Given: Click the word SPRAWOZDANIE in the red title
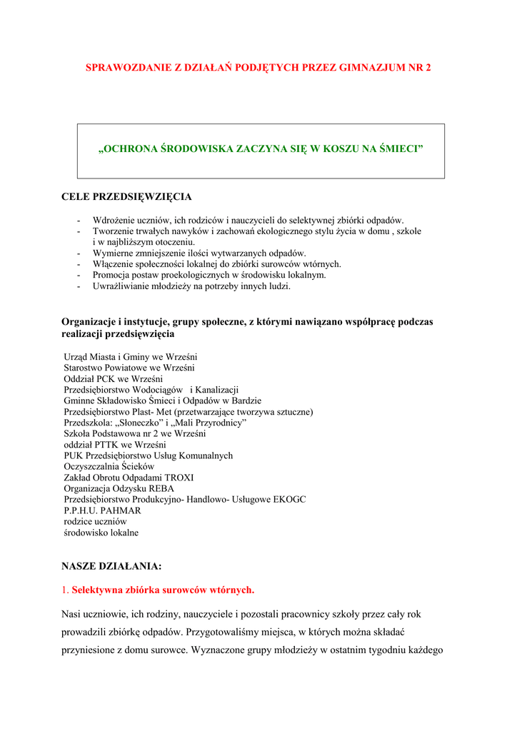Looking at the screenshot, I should (124, 68).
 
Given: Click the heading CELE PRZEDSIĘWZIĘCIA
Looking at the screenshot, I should (126, 196).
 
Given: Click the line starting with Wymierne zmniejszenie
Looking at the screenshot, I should (199, 253).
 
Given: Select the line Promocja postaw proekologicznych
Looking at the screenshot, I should (209, 275).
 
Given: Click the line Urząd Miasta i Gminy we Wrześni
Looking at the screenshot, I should (131, 357).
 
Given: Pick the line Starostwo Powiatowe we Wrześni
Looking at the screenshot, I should (129, 368).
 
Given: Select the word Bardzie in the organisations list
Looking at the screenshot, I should (246, 401).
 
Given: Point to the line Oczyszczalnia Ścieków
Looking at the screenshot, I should (109, 467).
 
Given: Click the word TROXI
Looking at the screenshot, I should (179, 478).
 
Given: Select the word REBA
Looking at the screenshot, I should (161, 489).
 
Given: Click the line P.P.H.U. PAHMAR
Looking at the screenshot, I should (102, 511).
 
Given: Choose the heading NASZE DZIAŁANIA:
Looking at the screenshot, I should (111, 566).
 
